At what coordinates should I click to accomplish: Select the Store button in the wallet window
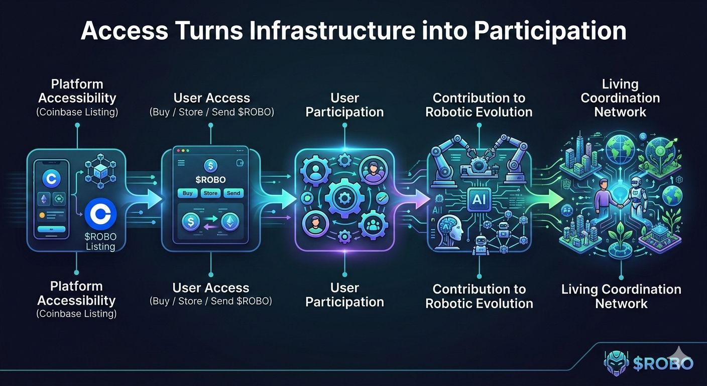point(210,193)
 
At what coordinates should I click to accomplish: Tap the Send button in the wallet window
point(233,193)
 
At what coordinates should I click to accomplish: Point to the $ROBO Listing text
point(100,241)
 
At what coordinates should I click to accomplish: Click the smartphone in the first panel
point(51,199)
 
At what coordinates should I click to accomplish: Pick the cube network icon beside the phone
point(98,171)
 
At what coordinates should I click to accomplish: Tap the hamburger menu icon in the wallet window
point(181,163)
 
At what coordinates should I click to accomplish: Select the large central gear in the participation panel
point(344,198)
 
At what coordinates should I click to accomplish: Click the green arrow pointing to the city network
point(551,198)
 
